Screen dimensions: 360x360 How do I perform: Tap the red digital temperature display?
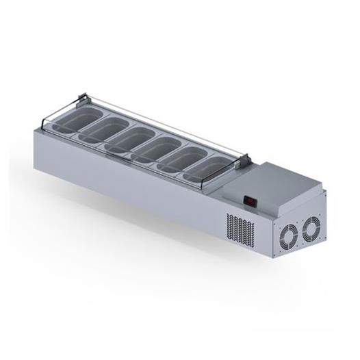pos(250,201)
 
